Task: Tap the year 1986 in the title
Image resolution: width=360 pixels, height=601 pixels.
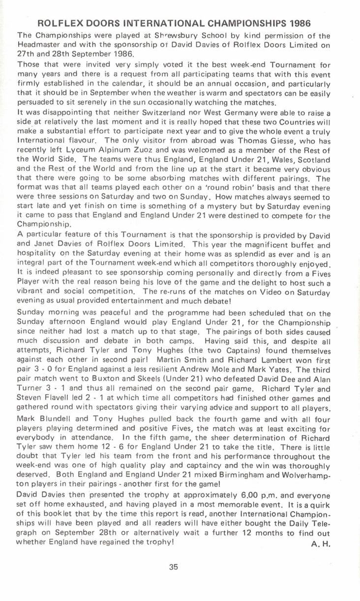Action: [x=300, y=24]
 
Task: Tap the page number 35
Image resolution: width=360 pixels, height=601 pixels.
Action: [x=174, y=567]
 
